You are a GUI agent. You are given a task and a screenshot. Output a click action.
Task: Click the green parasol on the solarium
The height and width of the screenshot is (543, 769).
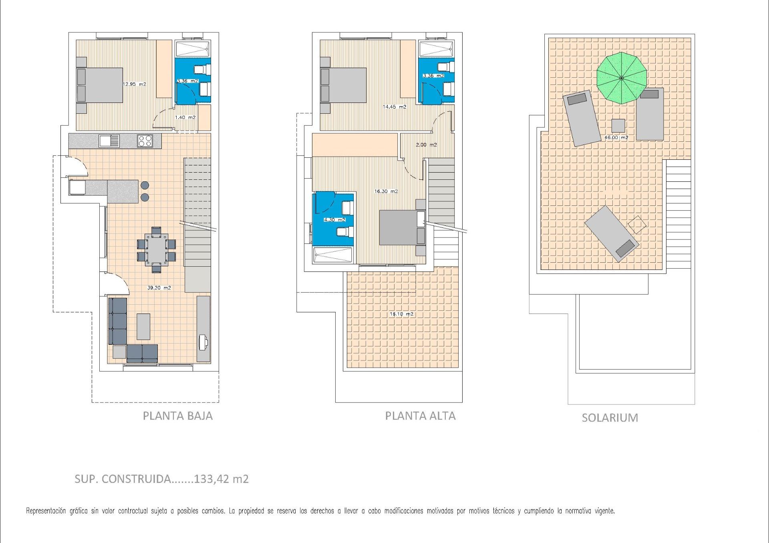[x=622, y=78]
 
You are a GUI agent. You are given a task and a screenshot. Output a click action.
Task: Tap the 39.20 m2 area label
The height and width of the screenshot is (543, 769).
[x=159, y=288]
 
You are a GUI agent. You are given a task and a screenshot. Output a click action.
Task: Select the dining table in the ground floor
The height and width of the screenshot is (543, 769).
[x=157, y=249]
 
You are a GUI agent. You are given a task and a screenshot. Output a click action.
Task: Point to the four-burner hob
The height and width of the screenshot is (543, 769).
[x=145, y=141]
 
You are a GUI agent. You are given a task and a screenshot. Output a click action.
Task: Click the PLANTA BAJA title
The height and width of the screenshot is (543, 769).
[x=178, y=416]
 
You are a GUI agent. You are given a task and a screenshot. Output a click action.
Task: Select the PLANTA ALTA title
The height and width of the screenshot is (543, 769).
[x=420, y=416]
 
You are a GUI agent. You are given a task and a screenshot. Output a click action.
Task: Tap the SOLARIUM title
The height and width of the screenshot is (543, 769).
[x=610, y=418]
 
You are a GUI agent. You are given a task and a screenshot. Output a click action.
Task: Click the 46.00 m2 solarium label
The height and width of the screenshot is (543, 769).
[x=616, y=137]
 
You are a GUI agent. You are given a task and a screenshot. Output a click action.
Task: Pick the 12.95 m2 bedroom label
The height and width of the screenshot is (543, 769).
[x=134, y=84]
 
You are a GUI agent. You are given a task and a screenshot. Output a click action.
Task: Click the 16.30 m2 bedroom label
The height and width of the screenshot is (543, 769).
[x=386, y=191]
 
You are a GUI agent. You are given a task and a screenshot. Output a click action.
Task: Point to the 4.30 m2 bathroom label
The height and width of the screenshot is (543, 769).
[x=334, y=220]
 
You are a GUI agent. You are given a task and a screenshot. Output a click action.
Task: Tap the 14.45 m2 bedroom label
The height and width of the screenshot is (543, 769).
[x=395, y=107]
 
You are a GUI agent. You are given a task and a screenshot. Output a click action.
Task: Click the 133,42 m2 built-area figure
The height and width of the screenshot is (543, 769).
[x=221, y=479]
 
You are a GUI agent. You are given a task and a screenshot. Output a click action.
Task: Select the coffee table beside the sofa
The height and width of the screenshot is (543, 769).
[x=144, y=326]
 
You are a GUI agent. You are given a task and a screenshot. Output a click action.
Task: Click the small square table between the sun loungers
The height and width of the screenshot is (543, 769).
[x=618, y=126]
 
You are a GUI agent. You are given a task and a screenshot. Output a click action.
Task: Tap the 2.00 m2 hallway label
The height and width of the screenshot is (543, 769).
[x=426, y=145]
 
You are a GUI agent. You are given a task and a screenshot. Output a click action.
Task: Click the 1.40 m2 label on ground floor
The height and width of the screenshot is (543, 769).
[x=185, y=117]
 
